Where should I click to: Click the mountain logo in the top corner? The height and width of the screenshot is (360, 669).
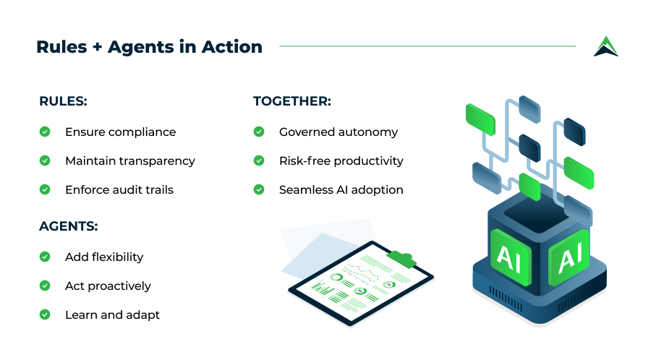coord(606,46)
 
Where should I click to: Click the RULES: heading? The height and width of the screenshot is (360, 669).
coord(63,101)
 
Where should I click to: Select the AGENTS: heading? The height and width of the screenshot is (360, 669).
coord(68,226)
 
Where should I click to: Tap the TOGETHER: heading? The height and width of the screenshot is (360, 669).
coord(292,101)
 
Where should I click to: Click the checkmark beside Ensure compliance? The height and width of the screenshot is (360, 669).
coord(45,132)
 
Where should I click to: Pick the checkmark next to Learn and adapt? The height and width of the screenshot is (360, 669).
coord(45,314)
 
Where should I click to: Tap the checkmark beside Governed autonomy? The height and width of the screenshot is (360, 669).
coord(259,132)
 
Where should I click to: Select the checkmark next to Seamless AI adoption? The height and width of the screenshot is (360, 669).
coord(259,189)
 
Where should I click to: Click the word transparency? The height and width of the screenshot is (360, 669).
coord(157,161)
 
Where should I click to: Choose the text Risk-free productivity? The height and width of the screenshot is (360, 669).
coord(341,160)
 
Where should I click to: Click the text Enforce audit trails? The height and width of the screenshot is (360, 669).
coord(119,190)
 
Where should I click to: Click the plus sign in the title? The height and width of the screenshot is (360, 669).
coord(98,47)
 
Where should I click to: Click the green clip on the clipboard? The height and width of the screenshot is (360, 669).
coord(401,259)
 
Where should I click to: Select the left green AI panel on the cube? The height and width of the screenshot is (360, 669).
coord(511,257)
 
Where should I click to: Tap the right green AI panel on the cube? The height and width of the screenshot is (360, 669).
coord(569,257)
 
